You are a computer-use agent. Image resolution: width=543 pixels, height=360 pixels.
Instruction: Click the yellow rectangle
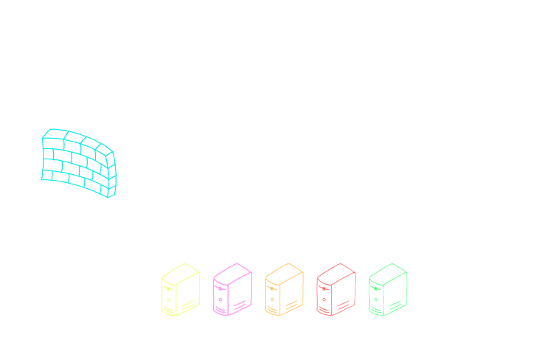click(176, 289)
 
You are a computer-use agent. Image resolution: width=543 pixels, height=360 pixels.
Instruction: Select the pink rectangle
click(231, 290)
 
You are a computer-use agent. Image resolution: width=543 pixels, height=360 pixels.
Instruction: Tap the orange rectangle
click(283, 289)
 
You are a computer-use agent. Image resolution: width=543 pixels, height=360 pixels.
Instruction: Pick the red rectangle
click(334, 289)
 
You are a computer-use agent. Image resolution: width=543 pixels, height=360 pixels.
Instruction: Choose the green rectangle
click(389, 288)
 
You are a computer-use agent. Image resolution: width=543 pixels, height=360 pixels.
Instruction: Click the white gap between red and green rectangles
click(361, 289)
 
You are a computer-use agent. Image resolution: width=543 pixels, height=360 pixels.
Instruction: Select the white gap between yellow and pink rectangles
click(205, 289)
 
